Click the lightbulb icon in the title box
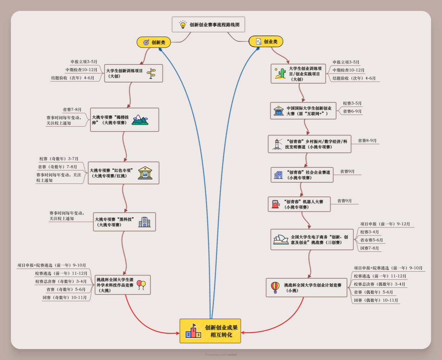pos(183,25)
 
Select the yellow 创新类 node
pos(154,42)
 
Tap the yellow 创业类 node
pos(266,41)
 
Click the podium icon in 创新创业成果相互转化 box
pos(193,331)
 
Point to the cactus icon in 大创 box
pos(280,73)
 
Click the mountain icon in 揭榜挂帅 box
pos(140,120)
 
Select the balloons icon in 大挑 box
pos(141,285)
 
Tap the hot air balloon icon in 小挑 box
pos(275,287)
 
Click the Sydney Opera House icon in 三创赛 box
pos(281,240)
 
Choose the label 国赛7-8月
pos(369,248)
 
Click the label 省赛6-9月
pos(352,111)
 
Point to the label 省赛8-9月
pos(367,141)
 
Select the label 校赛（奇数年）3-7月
pos(59,159)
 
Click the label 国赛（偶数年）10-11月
pos(376,300)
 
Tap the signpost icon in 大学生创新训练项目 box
pos(152,73)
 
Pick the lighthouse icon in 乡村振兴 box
pos(277,144)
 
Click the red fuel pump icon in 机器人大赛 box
pos(276,204)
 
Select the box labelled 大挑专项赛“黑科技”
pos(124,222)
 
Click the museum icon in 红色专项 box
pos(145,173)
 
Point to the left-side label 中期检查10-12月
pos(81,70)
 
